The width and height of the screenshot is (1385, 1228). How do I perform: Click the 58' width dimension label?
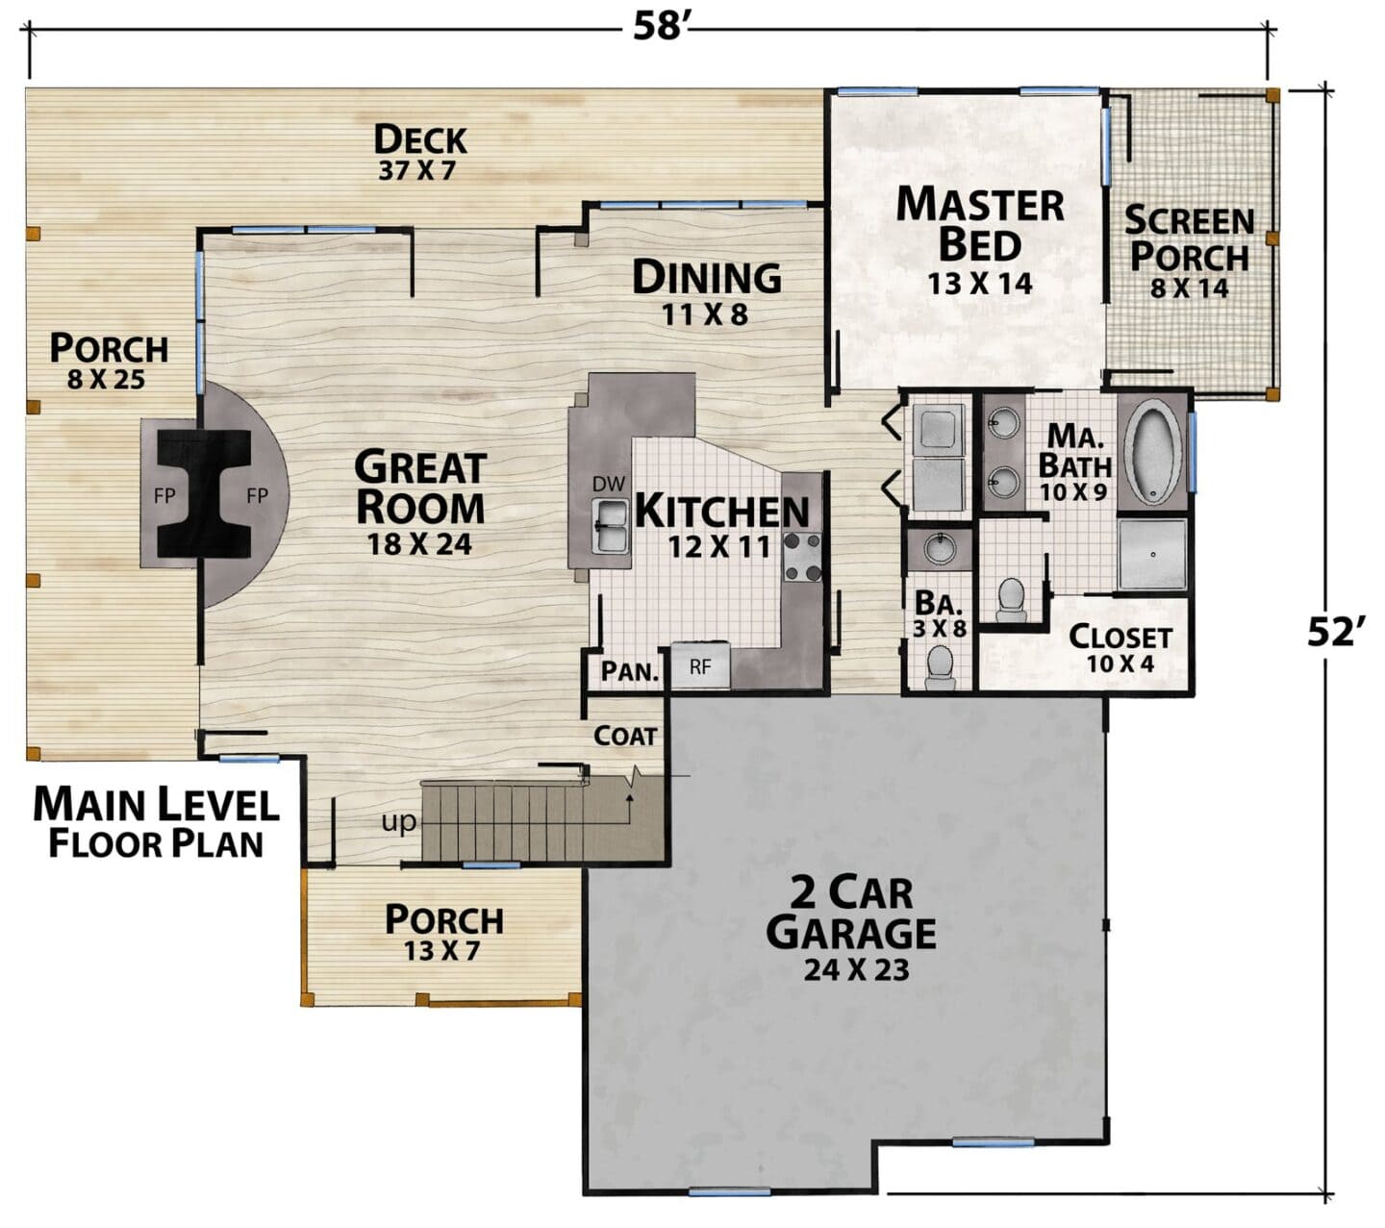(659, 27)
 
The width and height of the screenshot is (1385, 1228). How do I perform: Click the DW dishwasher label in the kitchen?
(609, 484)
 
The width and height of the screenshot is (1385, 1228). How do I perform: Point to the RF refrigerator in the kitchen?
(700, 665)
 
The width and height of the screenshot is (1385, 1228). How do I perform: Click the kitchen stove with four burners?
(802, 556)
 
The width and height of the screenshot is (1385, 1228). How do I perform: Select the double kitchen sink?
(611, 526)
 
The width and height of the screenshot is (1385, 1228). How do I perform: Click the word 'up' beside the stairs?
(398, 821)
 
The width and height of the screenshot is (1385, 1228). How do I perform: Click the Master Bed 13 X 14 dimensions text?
(980, 284)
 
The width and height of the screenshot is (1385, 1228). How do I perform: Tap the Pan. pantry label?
(629, 672)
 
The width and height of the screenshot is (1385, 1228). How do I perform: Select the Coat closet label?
(625, 736)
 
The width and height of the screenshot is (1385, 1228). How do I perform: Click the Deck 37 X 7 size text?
(417, 170)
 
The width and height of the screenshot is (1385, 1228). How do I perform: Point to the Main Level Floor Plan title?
(156, 822)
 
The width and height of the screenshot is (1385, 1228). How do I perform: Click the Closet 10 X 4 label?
(1121, 648)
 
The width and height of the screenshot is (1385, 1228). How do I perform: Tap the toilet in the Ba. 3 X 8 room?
(941, 665)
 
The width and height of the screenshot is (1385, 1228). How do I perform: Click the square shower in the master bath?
(1152, 554)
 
